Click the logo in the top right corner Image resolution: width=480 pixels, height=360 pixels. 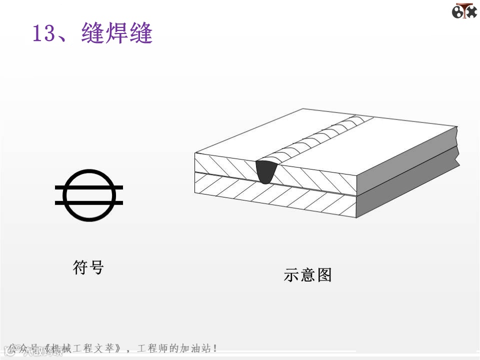(464, 11)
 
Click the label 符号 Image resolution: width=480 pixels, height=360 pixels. (88, 267)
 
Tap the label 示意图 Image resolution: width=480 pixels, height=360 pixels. (307, 275)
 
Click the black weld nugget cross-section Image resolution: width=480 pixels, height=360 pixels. (266, 171)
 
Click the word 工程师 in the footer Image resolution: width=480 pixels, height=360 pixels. (153, 348)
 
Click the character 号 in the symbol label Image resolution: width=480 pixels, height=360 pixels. (96, 267)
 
